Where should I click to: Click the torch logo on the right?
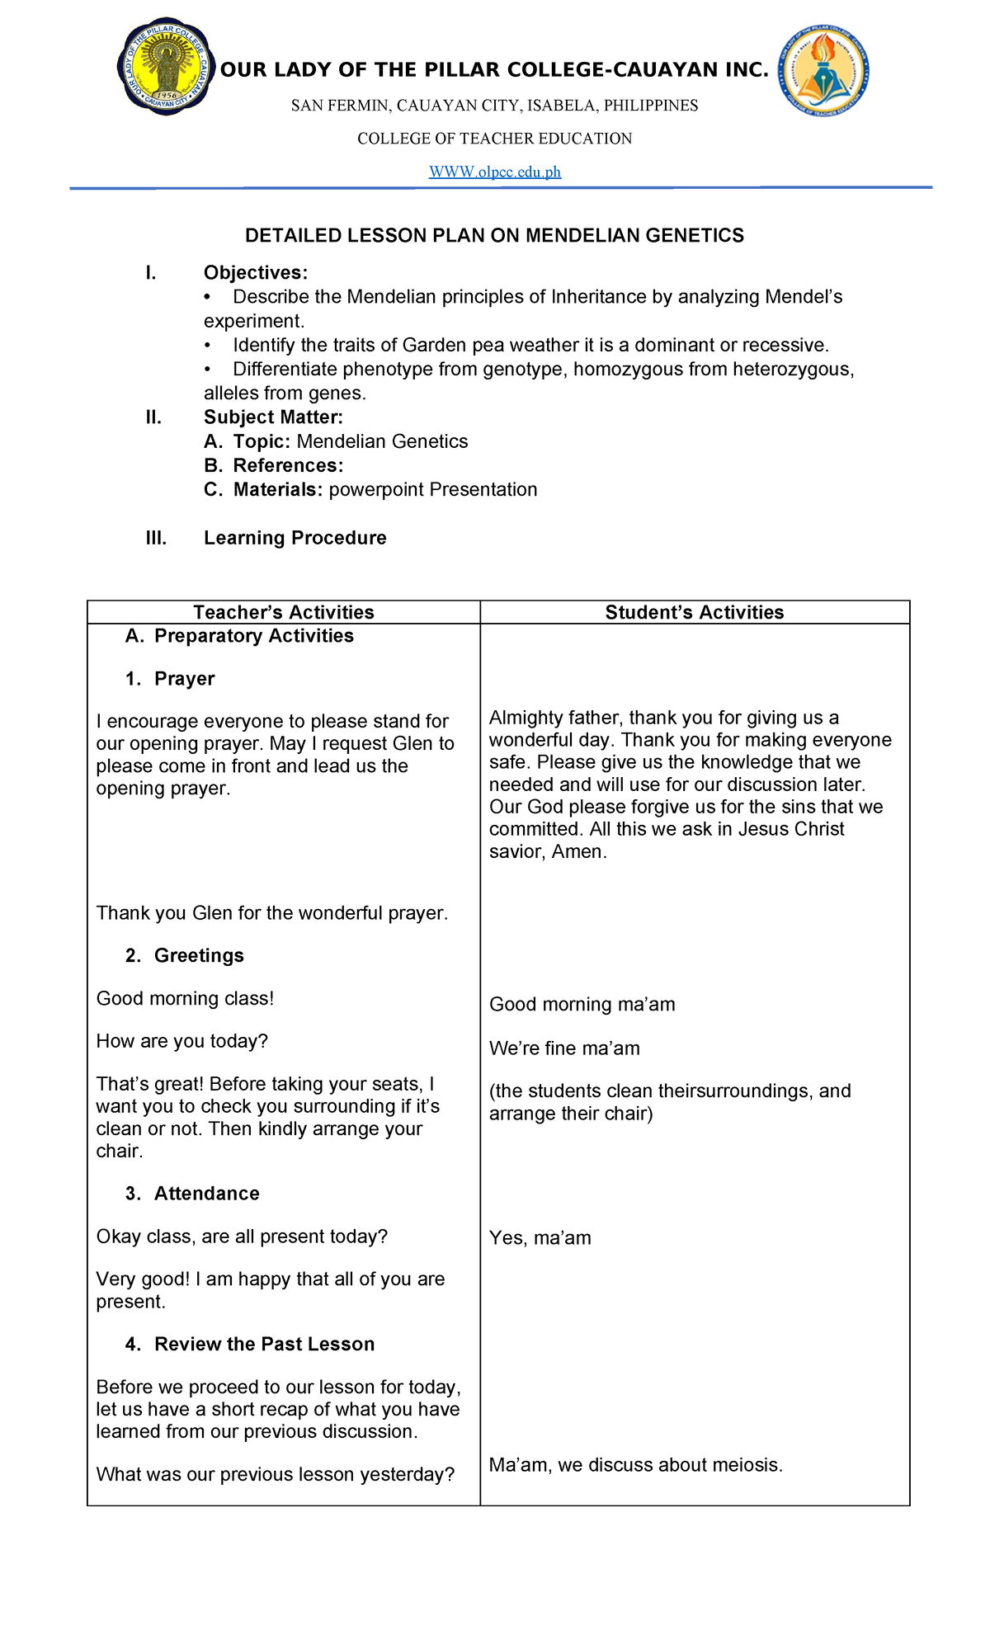coord(824,71)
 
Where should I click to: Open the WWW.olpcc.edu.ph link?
coord(495,172)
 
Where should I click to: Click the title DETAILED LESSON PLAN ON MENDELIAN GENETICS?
coord(494,236)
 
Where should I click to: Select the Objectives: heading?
coord(256,273)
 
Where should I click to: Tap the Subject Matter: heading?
coord(273,417)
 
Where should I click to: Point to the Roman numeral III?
coord(156,539)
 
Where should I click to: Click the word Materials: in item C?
coord(278,490)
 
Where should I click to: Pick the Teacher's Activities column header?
coord(283,612)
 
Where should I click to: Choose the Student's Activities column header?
coord(694,612)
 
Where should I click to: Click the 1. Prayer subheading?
coord(170,679)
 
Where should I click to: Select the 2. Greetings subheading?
coord(185,956)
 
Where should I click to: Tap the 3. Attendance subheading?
coord(192,1194)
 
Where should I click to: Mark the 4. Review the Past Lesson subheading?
coord(250,1344)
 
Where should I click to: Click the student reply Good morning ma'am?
coord(582,1005)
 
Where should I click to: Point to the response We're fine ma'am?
coord(564,1048)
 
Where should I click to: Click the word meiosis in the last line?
coord(746,1465)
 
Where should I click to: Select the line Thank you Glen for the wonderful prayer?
coord(272,913)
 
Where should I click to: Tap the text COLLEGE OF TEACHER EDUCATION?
coord(494,139)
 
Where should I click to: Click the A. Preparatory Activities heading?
coord(239,636)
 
